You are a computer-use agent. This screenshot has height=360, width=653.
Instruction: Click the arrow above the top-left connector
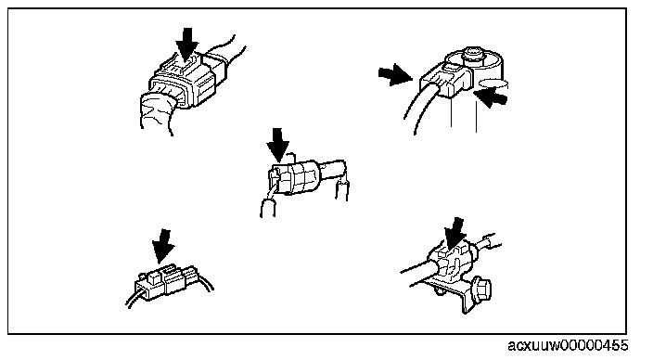point(187,44)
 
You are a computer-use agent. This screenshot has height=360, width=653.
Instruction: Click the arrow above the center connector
point(277,145)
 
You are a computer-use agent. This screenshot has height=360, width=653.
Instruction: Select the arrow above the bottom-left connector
point(162,246)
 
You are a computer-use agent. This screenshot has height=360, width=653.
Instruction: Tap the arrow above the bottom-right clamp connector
point(455,234)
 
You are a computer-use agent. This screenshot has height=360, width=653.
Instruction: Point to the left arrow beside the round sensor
point(395,75)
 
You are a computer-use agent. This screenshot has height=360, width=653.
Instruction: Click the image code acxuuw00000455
point(568,345)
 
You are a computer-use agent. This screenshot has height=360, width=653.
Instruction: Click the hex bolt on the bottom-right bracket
point(480,288)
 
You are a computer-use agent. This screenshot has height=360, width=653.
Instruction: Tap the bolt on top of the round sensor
point(471,53)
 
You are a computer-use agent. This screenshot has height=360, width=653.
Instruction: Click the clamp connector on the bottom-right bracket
point(451,262)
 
